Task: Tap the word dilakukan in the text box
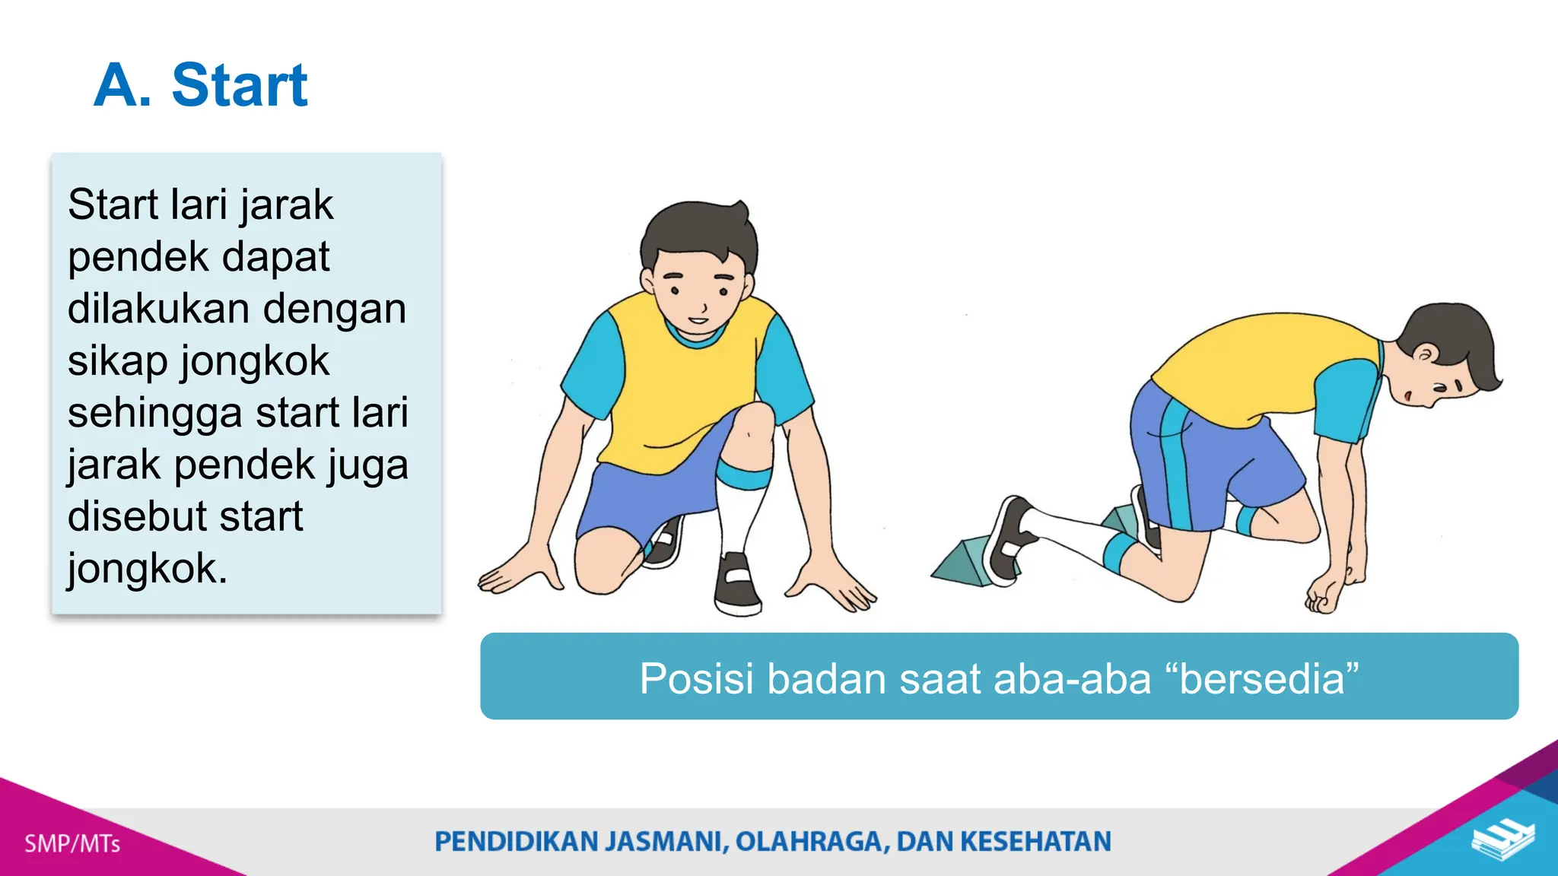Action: click(156, 309)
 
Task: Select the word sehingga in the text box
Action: click(154, 414)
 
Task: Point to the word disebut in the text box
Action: click(126, 516)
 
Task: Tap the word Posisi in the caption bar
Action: click(698, 678)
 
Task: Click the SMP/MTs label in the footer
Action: click(72, 843)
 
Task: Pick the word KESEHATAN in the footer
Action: click(1035, 842)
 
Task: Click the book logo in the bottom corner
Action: click(1502, 839)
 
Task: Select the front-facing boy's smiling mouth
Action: click(698, 319)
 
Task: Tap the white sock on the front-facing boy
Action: click(736, 517)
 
